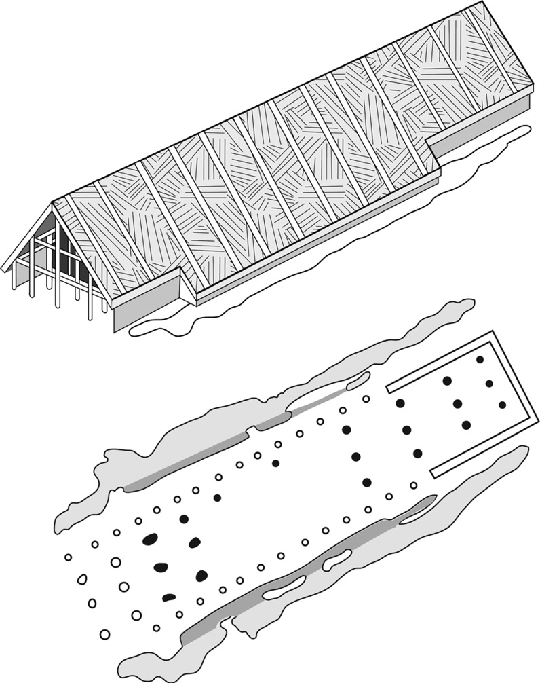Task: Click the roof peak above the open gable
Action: (53, 202)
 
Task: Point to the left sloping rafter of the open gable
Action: (27, 235)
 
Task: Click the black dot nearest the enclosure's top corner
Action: (480, 359)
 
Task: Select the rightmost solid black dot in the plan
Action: (502, 405)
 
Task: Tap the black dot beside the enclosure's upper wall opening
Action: (400, 403)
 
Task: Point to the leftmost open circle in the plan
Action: (68, 557)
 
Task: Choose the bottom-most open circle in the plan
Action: (104, 635)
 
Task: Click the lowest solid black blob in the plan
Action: (169, 598)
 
